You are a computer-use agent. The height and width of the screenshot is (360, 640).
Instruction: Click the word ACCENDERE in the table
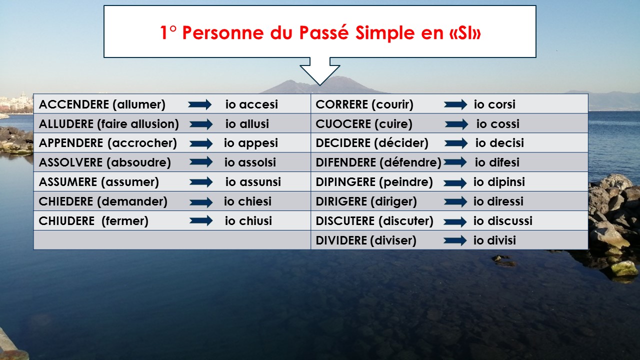pyautogui.click(x=73, y=104)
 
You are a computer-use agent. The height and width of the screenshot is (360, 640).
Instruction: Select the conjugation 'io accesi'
pyautogui.click(x=251, y=104)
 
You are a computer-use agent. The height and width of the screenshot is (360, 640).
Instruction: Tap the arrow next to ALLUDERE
pyautogui.click(x=201, y=124)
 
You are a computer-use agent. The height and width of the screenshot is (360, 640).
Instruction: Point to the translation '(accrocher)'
pyautogui.click(x=142, y=143)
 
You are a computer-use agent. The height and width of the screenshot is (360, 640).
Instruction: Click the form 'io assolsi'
pyautogui.click(x=250, y=162)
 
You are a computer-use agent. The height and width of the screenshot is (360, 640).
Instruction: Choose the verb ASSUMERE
pyautogui.click(x=68, y=181)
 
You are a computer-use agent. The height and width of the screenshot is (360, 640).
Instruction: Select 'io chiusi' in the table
pyautogui.click(x=248, y=221)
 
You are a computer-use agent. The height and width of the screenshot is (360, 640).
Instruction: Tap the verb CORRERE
pyautogui.click(x=341, y=104)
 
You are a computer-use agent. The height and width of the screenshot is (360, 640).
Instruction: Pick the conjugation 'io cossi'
pyautogui.click(x=497, y=123)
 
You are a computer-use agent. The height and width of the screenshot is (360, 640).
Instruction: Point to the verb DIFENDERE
pyautogui.click(x=345, y=162)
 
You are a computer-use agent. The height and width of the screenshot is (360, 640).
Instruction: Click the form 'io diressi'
pyautogui.click(x=498, y=201)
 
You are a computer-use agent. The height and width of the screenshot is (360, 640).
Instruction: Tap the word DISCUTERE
pyautogui.click(x=345, y=221)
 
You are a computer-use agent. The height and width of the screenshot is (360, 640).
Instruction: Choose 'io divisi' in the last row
pyautogui.click(x=494, y=240)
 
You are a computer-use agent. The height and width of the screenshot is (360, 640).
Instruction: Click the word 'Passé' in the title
pyautogui.click(x=324, y=32)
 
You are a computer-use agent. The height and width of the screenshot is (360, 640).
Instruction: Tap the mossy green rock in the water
pyautogui.click(x=624, y=268)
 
